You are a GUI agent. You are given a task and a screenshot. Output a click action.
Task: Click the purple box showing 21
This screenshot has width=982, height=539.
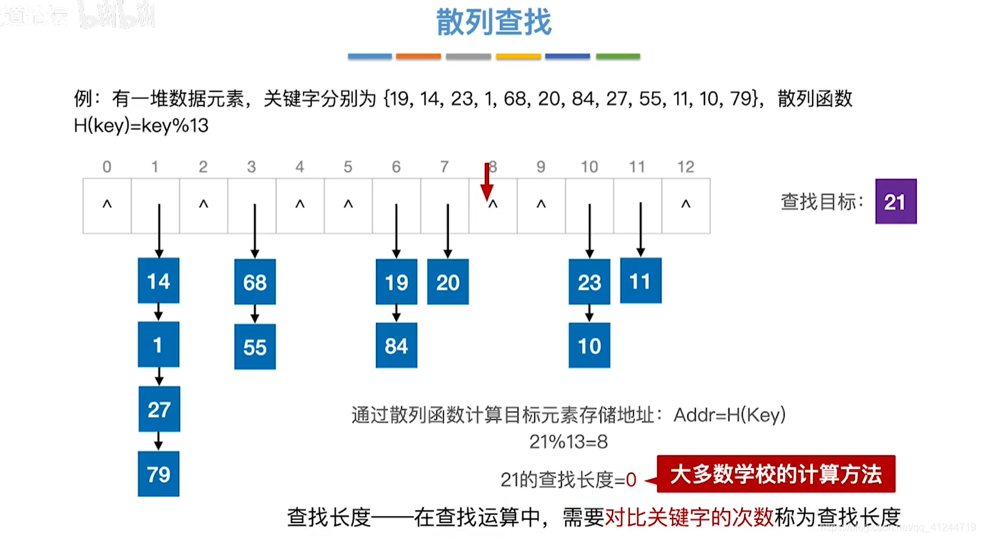[x=895, y=201]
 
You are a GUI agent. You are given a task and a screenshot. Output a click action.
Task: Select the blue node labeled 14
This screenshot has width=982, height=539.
[x=159, y=281]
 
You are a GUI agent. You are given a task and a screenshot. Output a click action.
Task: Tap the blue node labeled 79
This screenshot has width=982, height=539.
[x=159, y=474]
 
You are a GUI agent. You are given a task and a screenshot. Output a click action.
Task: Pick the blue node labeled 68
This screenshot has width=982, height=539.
[x=254, y=282]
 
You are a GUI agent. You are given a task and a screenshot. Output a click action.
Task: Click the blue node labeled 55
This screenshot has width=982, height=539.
[x=254, y=347]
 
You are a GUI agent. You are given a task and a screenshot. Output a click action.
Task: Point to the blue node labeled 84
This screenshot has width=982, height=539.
[x=396, y=345]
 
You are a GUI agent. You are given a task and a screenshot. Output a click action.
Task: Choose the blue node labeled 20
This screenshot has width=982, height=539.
[x=448, y=282]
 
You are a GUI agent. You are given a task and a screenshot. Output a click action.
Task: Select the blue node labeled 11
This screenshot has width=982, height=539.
[x=641, y=281]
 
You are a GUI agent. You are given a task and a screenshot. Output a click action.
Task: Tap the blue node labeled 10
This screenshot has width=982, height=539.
[x=589, y=345]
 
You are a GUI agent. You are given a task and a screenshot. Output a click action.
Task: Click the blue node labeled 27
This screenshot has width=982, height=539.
[x=159, y=409]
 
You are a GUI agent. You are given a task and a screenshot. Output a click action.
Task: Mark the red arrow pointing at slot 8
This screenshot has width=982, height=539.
[x=487, y=182]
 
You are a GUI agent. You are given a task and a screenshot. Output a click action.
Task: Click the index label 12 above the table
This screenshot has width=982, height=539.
[x=685, y=167]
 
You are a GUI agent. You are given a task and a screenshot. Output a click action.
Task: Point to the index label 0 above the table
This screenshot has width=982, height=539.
[x=107, y=167]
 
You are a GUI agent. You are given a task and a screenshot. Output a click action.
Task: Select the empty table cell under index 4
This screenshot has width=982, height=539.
[x=300, y=206]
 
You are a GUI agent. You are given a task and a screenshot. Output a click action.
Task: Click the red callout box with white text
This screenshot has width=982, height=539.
[x=775, y=474]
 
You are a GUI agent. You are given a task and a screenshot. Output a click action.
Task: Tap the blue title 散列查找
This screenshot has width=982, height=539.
[x=494, y=22]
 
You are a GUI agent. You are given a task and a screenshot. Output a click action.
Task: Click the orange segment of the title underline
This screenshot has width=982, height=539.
[x=418, y=56]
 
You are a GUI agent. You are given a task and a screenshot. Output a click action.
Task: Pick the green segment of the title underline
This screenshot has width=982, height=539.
[x=618, y=56]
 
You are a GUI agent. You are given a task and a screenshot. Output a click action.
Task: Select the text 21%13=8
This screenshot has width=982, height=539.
[x=568, y=441]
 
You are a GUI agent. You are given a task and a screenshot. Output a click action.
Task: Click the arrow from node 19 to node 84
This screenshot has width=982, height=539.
[x=396, y=313]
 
